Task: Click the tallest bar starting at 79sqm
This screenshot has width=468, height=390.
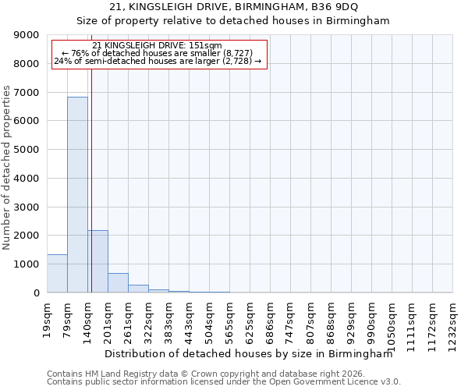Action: [x=77, y=195]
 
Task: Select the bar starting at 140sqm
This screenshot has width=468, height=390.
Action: [x=97, y=261]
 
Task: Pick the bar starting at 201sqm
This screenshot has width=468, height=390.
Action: [x=118, y=283]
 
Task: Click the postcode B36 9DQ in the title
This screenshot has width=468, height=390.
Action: [x=336, y=7]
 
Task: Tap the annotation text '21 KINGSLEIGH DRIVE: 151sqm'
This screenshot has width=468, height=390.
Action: [x=158, y=45]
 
